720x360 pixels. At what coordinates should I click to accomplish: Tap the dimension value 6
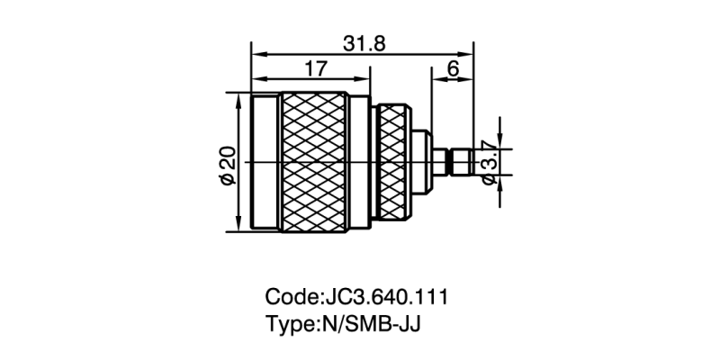click(454, 68)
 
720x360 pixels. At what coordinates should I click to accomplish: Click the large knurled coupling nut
click(313, 162)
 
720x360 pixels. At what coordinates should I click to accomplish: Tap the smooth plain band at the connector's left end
click(265, 162)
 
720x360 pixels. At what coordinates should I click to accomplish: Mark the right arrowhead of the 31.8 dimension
click(471, 54)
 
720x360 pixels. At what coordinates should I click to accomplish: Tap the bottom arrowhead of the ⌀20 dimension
click(238, 228)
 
